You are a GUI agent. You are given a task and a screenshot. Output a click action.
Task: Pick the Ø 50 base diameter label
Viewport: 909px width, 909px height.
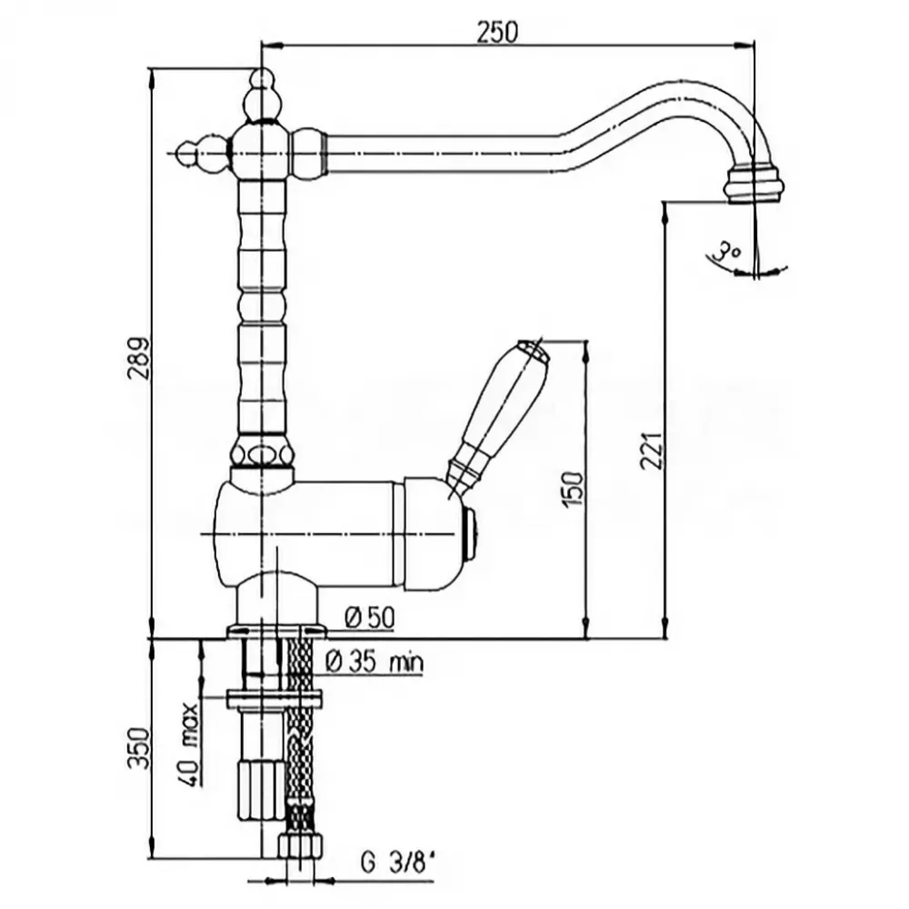[x=369, y=617]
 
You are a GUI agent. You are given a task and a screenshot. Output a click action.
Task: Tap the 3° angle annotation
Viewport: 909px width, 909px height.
[x=724, y=251]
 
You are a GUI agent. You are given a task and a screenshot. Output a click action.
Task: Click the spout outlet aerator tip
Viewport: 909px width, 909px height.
[x=754, y=185]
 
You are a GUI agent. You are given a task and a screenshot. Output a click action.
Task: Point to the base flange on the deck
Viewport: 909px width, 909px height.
[x=275, y=628]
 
